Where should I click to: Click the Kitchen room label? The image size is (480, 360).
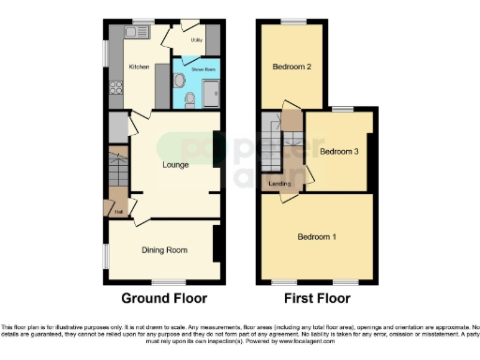coord(138,67)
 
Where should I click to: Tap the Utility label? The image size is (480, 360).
coord(197,41)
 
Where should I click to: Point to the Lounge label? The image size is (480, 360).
coord(176,165)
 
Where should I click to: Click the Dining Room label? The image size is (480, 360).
coord(165,249)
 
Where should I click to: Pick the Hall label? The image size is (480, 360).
coord(119,212)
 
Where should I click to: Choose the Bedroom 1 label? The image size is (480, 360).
coord(317,236)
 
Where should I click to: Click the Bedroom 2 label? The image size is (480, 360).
coord(292,67)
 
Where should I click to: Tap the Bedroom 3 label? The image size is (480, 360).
coord(338,151)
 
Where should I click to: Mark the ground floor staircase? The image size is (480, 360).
coord(116,173)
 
